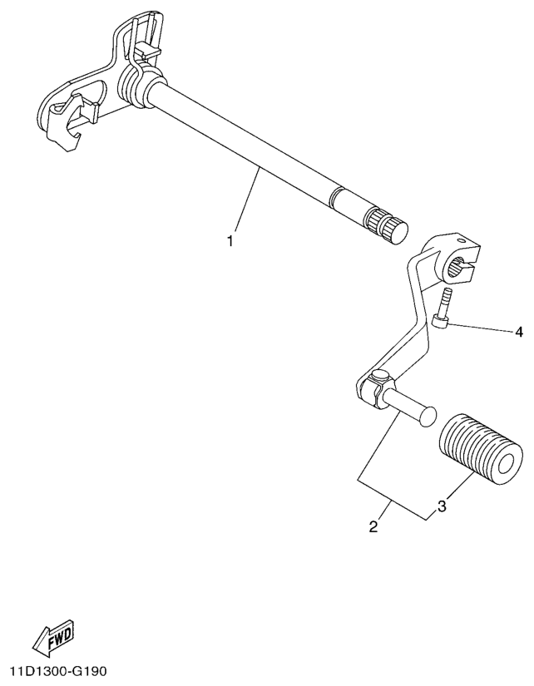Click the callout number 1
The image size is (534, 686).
230,240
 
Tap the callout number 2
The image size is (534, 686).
373,526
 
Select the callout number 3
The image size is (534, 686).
441,506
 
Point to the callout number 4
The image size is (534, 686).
519,332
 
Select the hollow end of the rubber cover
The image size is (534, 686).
507,464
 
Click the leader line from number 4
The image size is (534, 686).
481,329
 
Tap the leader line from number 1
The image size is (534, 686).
247,200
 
